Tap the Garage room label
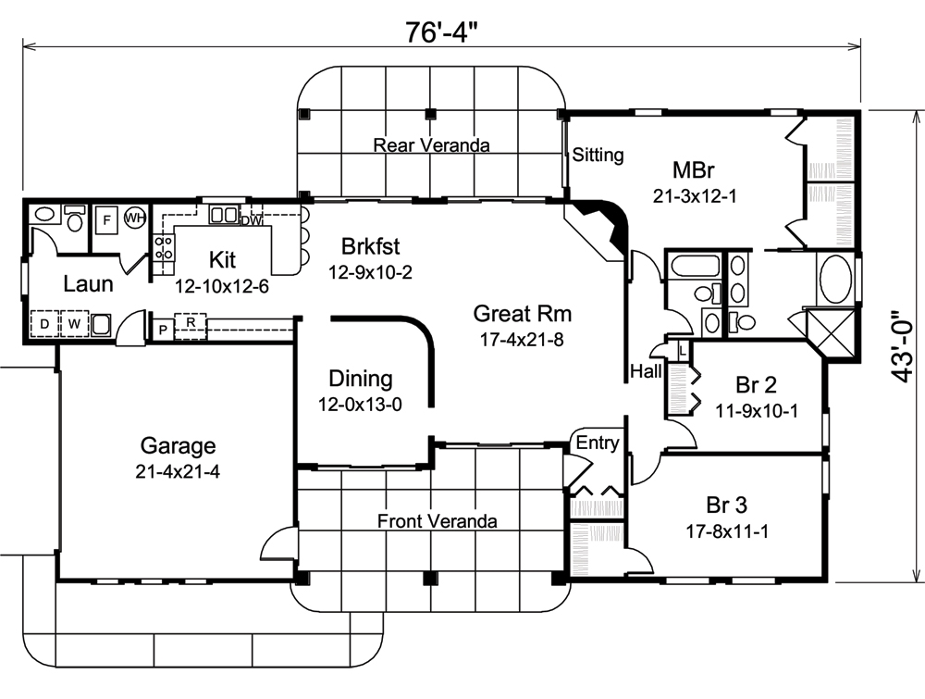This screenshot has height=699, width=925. tap(179, 446)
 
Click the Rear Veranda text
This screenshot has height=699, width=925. tap(431, 144)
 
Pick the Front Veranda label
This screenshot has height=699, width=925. tap(437, 521)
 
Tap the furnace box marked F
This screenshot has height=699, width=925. tap(106, 219)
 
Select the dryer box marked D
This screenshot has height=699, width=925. tap(44, 324)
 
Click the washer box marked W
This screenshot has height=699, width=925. tap(73, 324)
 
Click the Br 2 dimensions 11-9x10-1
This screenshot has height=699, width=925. tap(756, 411)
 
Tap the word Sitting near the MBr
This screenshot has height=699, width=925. tap(598, 155)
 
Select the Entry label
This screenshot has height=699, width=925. tap(597, 443)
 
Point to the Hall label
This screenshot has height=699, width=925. tap(645, 371)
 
